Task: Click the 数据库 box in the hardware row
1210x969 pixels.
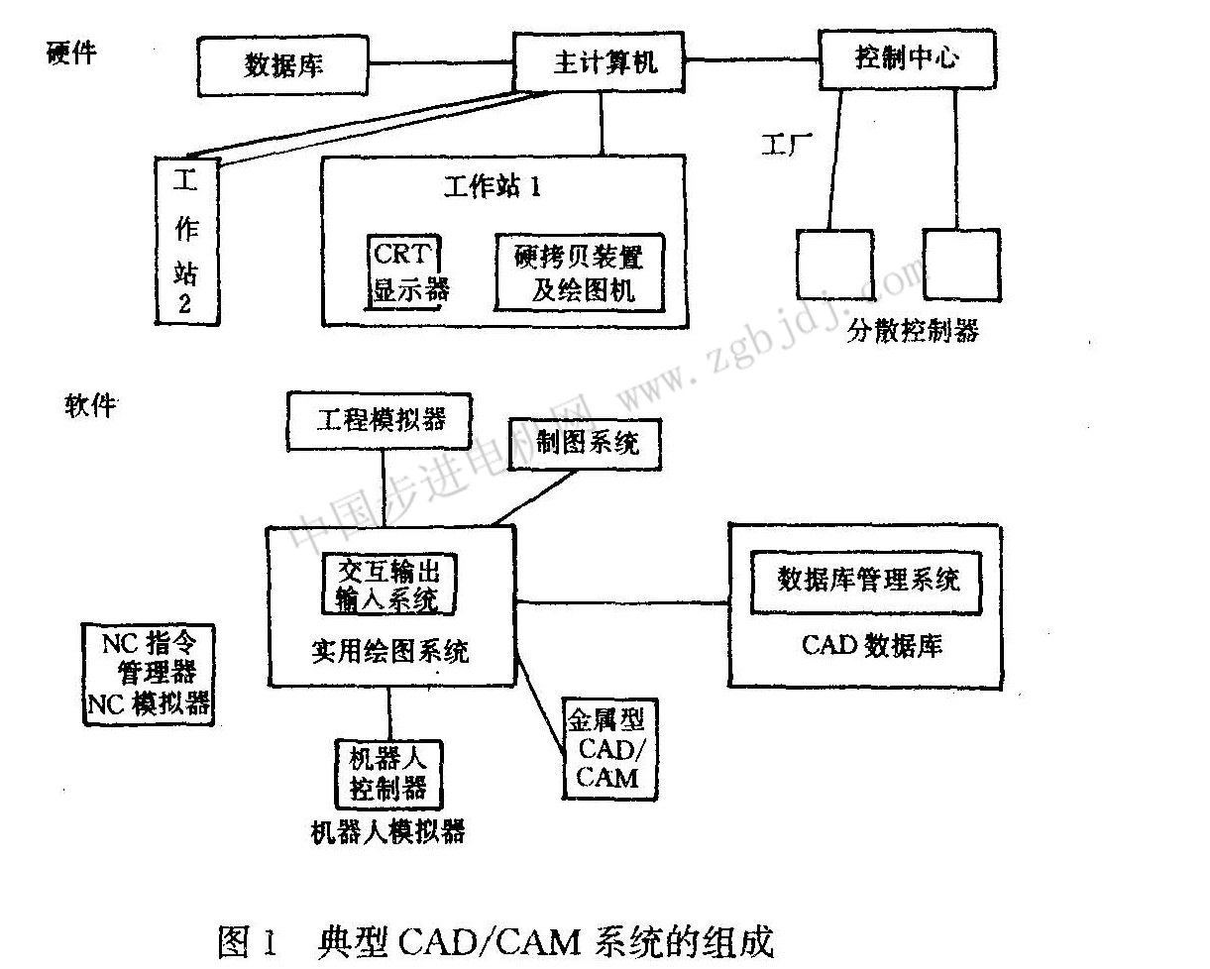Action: click(284, 66)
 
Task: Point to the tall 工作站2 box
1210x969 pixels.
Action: click(186, 242)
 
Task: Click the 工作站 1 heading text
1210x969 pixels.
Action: click(493, 186)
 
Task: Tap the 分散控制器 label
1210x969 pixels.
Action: click(913, 330)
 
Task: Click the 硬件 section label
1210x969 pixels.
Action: click(70, 53)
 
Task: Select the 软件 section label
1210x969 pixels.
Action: click(90, 404)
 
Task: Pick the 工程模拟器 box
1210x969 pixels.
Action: click(381, 419)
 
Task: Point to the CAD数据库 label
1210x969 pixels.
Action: click(871, 646)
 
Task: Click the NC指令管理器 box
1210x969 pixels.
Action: click(149, 673)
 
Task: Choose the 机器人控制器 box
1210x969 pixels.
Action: click(388, 773)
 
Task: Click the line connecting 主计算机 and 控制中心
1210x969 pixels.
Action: click(753, 60)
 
